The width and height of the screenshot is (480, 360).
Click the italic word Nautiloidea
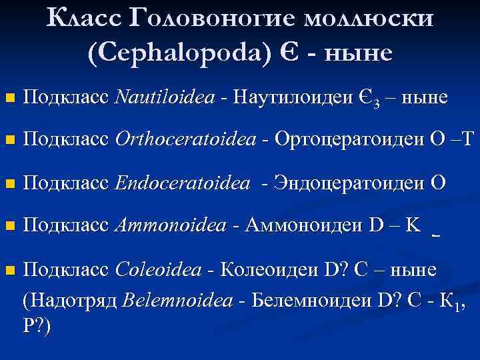click(x=165, y=98)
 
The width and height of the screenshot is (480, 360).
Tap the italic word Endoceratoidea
click(x=183, y=183)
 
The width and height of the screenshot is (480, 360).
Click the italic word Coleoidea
click(x=159, y=269)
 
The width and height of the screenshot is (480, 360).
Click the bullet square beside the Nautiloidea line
click(x=8, y=99)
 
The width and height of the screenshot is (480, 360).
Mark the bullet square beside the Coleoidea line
click(x=8, y=270)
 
